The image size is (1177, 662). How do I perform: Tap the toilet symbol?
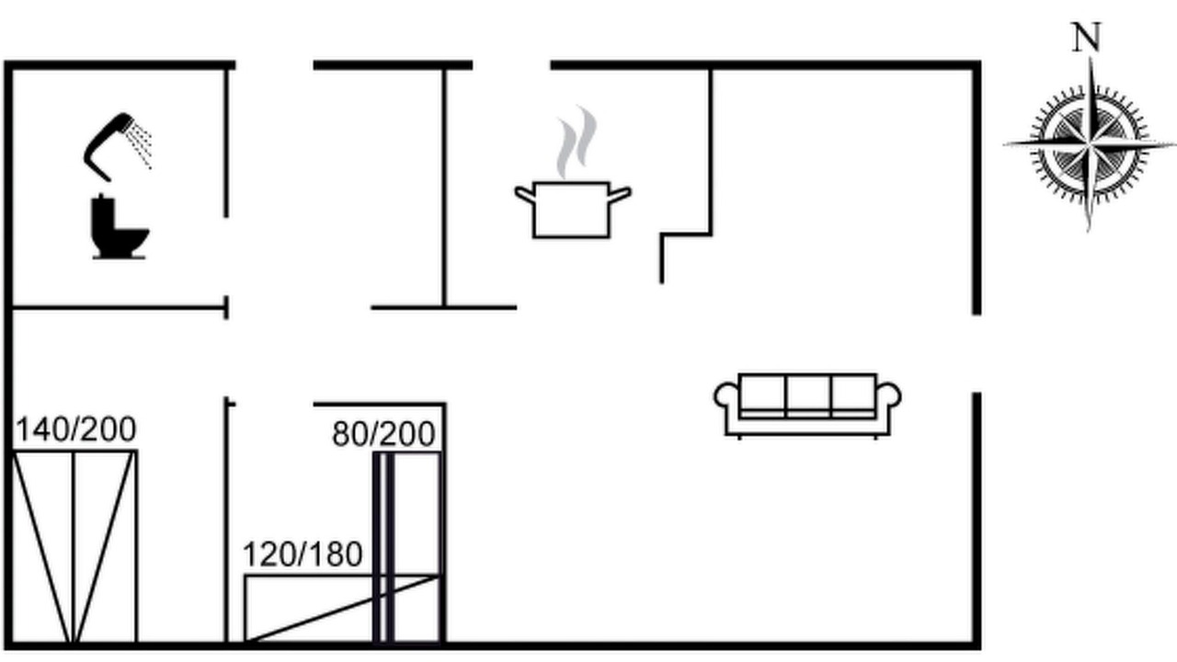(x=120, y=227)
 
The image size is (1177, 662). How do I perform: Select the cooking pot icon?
(x=572, y=211)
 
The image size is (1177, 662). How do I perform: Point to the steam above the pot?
(x=577, y=142)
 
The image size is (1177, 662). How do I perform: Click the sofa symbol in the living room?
(x=807, y=405)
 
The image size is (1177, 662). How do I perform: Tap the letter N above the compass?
(x=1086, y=38)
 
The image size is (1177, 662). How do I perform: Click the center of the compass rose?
(x=1090, y=144)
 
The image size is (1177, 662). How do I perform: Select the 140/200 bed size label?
(x=76, y=429)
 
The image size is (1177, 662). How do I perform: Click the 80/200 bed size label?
(x=383, y=434)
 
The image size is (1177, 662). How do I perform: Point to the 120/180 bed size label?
(x=303, y=554)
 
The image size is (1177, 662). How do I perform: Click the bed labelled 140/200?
(x=74, y=546)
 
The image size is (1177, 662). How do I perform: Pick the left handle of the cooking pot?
(x=524, y=194)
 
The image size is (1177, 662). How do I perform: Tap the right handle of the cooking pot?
(x=621, y=194)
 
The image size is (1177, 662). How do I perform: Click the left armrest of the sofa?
(x=726, y=395)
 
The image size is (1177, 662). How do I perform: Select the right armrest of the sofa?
(x=888, y=395)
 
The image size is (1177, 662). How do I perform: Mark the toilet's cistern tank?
(x=103, y=214)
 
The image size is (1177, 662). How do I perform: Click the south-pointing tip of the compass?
(x=1089, y=229)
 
